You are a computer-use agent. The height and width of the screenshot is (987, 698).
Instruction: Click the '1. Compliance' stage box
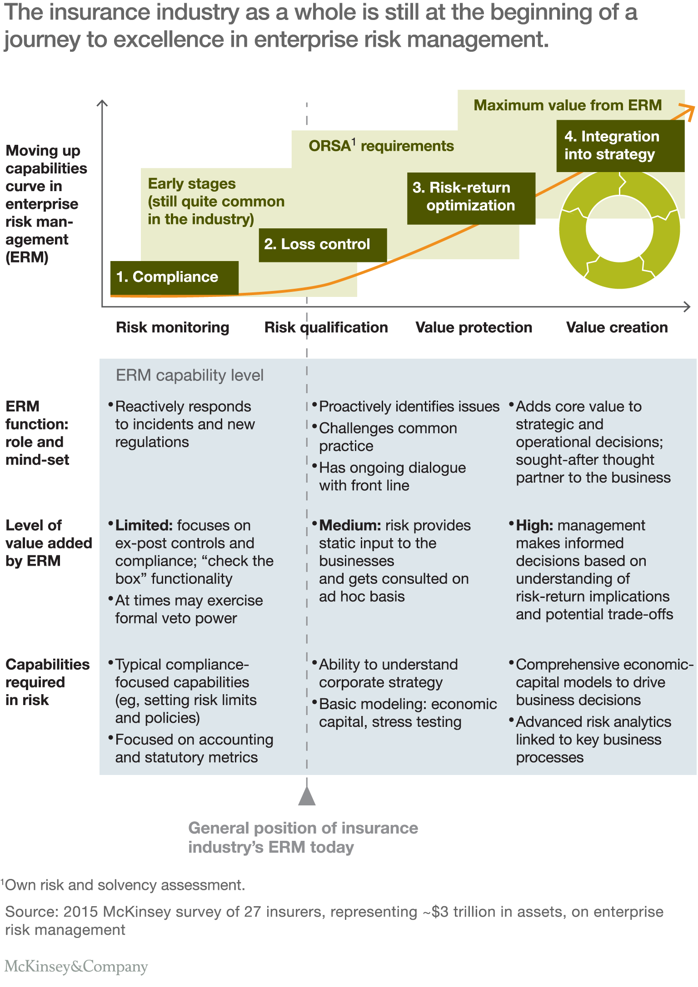(174, 277)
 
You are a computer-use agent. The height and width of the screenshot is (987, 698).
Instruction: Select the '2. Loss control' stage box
(323, 245)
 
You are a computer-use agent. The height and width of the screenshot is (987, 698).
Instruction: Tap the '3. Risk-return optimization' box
(471, 197)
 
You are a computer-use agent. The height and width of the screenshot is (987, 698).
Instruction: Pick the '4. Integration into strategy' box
(620, 146)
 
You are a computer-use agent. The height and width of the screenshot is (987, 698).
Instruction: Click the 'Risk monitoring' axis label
(172, 327)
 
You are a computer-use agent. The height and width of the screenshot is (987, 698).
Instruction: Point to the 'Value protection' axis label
(474, 327)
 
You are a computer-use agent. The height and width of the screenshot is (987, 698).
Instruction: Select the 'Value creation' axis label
(617, 327)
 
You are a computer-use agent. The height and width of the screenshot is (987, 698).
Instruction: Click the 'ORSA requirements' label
(381, 146)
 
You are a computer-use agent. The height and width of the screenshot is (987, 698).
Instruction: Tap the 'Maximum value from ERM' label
(568, 105)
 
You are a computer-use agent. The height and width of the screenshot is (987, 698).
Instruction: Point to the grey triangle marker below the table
(307, 796)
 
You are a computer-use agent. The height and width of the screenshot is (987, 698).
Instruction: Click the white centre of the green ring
(619, 229)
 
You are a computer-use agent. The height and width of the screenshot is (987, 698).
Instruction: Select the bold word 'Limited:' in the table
(144, 526)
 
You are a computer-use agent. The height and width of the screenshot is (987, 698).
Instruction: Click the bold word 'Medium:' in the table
(350, 526)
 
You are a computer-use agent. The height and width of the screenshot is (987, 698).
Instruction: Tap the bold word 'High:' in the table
(534, 526)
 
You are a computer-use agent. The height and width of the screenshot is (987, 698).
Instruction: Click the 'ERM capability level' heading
(189, 375)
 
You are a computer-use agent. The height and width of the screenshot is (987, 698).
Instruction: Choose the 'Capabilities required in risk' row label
(47, 682)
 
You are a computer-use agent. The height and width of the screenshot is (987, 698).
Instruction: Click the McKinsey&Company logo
(76, 966)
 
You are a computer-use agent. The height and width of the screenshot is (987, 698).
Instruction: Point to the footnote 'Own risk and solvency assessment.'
(125, 885)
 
